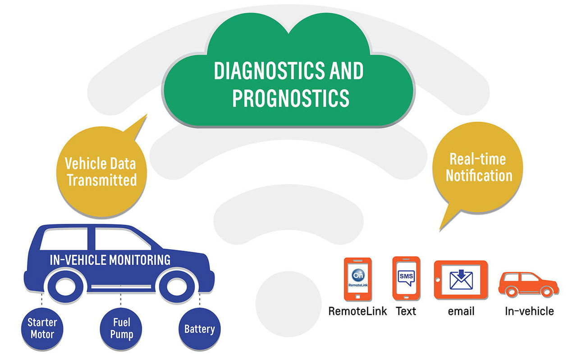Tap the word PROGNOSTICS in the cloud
[291, 98]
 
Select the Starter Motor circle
[42, 328]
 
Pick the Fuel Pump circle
[121, 328]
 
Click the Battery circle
[200, 328]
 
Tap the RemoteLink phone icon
[358, 279]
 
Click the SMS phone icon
[406, 278]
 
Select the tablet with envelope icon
[461, 280]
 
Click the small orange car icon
[528, 284]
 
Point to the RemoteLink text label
[357, 311]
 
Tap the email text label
[461, 311]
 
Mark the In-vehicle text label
[529, 311]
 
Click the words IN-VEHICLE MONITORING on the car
[110, 260]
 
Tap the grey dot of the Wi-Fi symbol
[288, 304]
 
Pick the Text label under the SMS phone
[406, 311]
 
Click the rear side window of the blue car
[64, 239]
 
